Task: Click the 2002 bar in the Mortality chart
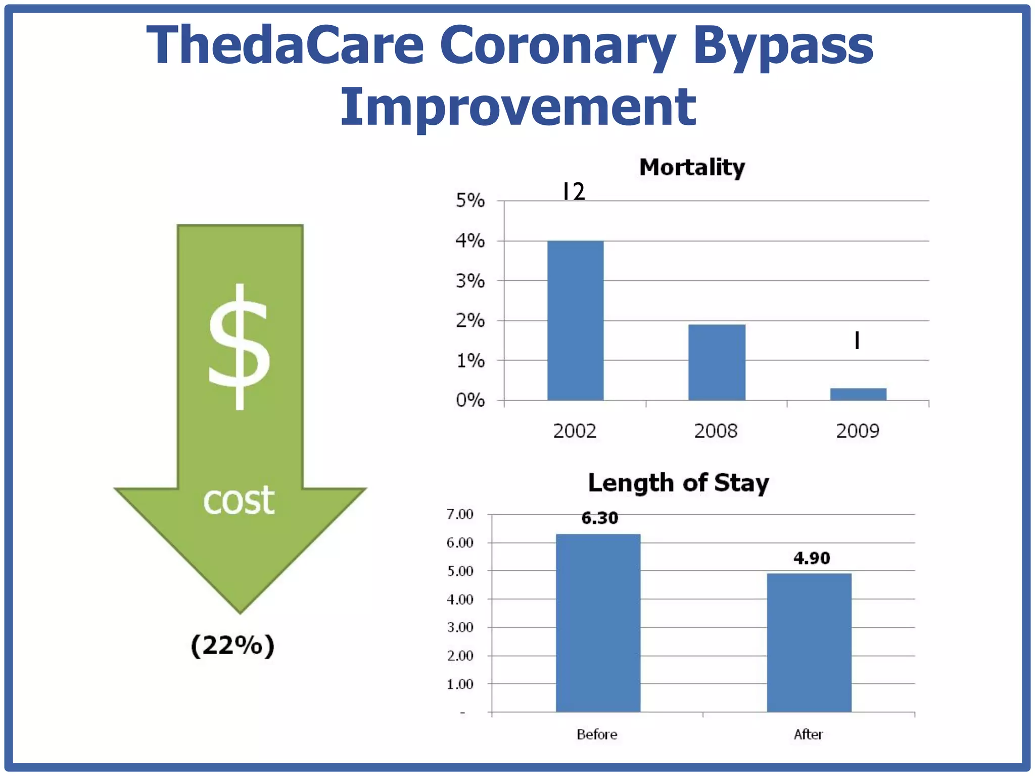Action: coord(575,321)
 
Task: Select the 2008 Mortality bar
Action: coord(717,362)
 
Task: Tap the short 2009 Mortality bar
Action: coord(858,394)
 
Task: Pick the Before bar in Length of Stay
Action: coord(598,622)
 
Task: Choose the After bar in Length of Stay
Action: coord(809,642)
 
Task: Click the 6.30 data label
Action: coord(599,518)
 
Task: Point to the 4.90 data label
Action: coord(812,558)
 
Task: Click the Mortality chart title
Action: coord(692,167)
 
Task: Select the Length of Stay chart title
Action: coord(678,483)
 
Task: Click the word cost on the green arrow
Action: coord(239,500)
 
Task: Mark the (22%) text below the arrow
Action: coord(232,646)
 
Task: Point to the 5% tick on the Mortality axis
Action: coord(470,201)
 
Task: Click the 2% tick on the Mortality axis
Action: coord(470,321)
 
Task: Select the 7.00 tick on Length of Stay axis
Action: coord(460,514)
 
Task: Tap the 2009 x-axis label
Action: coord(858,431)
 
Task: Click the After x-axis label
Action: coord(808,734)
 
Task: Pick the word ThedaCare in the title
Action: coord(285,45)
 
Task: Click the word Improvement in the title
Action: coord(518,107)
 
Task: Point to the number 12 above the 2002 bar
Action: coord(574,191)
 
